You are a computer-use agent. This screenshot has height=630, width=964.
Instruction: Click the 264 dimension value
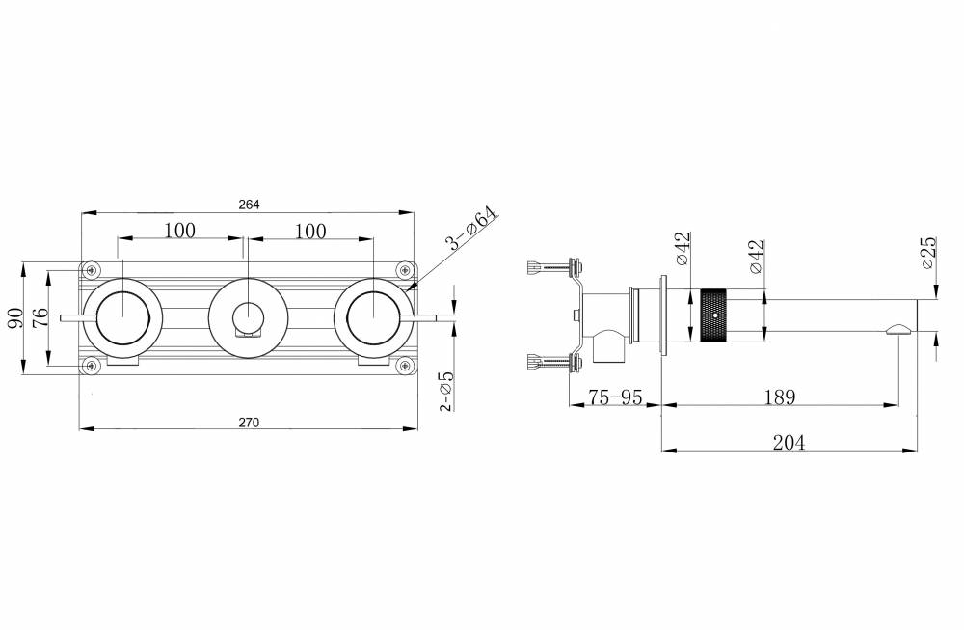point(249,205)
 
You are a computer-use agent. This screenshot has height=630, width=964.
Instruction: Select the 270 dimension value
point(249,422)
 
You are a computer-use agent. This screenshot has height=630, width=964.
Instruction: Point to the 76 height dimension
point(40,317)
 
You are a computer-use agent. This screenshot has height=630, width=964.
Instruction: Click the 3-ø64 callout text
point(472,229)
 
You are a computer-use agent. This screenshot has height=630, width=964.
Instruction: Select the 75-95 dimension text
point(615,397)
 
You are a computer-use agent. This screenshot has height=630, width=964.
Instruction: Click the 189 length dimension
point(780,397)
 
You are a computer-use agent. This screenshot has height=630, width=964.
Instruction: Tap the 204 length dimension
point(789,443)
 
